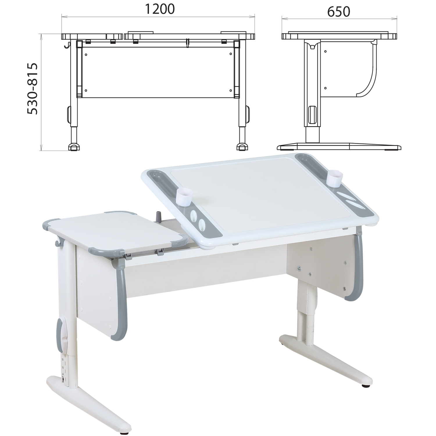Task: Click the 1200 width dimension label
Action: pos(160,9)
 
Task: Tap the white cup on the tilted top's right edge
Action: pos(335,178)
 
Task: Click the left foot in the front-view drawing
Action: pos(74,147)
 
